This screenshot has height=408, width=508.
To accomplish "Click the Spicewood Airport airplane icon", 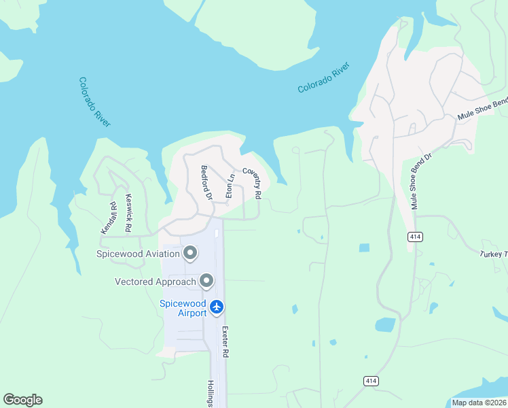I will pos(217,307).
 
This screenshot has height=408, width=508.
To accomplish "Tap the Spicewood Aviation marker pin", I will pos(190,254).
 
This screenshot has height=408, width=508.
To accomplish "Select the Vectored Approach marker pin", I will pos(206,281).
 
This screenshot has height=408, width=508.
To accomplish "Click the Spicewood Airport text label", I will pos(183,308).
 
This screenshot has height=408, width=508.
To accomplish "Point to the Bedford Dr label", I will pos(206,182).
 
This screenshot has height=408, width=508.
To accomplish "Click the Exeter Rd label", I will pos(224,342).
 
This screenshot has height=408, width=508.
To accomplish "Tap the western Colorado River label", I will pos(94,102).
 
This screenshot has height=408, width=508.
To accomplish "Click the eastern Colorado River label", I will pos(323,78).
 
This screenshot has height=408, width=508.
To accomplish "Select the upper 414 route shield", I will pos(415,236).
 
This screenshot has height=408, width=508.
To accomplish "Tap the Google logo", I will pos(22,400).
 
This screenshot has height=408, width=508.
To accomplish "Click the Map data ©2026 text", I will pos(479,403).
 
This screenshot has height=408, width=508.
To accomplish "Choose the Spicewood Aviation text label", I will pos(138,254).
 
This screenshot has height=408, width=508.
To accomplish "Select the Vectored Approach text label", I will pos(156,282).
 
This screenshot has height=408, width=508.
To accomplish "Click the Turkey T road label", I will pos(494,254).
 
